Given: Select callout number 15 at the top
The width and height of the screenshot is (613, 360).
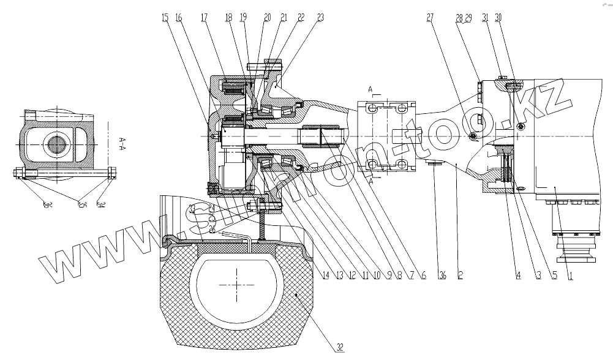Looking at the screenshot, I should coord(165,18).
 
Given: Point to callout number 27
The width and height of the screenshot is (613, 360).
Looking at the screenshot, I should coord(429,18).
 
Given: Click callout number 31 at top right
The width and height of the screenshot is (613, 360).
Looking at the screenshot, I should coord(485,18).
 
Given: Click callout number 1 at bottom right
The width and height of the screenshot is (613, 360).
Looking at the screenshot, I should coord(570,276).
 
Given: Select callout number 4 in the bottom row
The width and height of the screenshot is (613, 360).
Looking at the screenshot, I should coord(518,276).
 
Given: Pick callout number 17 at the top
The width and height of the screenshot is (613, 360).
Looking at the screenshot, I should coord(203,18).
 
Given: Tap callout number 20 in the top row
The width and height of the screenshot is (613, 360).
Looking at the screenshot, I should coord(268,18).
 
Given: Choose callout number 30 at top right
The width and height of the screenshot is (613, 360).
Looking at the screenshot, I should coord(498,18).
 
